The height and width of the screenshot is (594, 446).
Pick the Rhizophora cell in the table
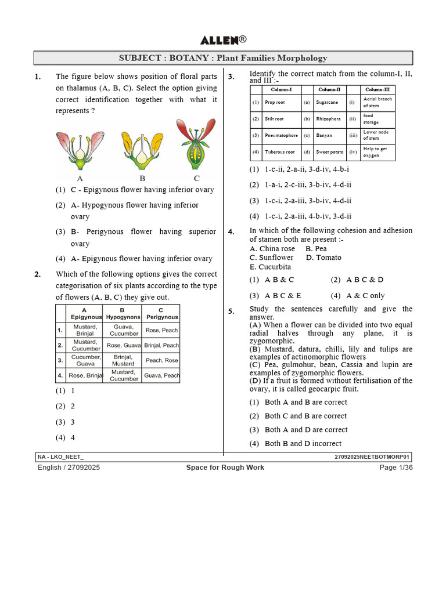(x=329, y=119)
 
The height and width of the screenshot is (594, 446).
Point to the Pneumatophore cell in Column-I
(x=281, y=135)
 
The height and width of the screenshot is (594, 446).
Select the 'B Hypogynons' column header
(x=123, y=314)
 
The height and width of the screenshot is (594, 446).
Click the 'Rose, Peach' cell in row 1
(x=162, y=330)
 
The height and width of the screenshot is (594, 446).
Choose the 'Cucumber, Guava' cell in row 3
(x=86, y=360)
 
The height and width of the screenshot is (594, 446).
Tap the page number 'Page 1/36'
(x=396, y=468)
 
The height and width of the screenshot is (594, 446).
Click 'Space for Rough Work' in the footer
(x=225, y=468)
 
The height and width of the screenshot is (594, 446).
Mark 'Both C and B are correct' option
(x=305, y=416)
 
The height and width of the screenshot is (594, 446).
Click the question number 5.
(x=231, y=312)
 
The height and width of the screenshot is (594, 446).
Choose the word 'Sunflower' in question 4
(x=276, y=258)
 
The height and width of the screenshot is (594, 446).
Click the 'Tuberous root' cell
(x=280, y=152)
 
